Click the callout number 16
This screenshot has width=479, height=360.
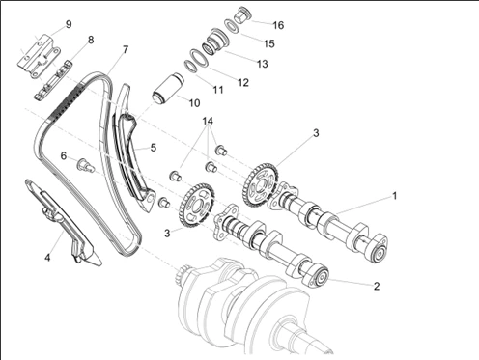coord(278,25)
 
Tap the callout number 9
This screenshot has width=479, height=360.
coord(69,24)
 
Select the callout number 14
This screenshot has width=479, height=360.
coord(208,121)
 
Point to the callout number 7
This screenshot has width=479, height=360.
coord(126,49)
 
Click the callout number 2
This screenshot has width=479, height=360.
coord(377,286)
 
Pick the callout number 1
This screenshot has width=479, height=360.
coord(394,196)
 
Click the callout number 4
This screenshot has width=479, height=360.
coord(47,258)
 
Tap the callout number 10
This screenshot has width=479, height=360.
coord(194,103)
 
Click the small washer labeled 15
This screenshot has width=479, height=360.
coord(232,26)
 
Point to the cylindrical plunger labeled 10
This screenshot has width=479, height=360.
coord(167,89)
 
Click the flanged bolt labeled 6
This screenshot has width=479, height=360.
coord(85,165)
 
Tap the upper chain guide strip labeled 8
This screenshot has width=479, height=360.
coord(53,80)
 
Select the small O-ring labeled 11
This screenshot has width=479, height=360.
coord(190,67)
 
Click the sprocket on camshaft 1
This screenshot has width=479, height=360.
coord(260,185)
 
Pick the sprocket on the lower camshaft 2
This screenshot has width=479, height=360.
coord(196,205)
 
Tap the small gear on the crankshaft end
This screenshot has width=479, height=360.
coord(184,274)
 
